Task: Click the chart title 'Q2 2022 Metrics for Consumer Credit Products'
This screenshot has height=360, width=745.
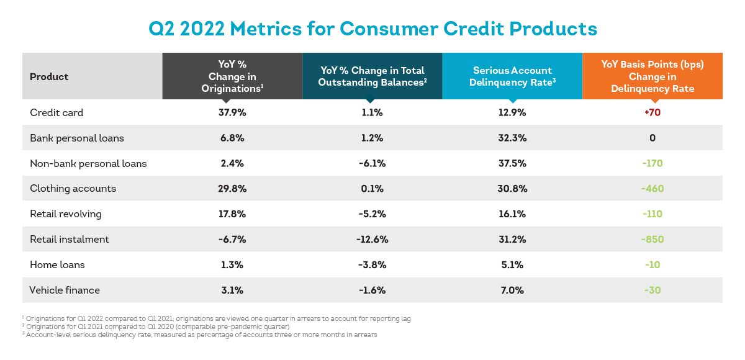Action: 372,29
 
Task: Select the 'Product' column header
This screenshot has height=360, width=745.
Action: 49,77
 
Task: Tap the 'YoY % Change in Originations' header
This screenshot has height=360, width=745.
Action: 232,76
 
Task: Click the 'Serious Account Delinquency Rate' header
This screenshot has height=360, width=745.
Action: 512,76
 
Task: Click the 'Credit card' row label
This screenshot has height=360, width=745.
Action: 56,112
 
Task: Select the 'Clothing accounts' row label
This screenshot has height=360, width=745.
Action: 73,189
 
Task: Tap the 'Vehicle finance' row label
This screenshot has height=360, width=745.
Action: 65,290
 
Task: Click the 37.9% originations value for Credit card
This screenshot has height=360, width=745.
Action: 232,112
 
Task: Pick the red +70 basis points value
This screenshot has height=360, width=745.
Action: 652,112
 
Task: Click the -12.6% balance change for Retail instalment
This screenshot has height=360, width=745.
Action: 372,240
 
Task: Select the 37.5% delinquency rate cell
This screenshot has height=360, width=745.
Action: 512,163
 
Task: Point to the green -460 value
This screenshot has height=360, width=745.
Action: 652,189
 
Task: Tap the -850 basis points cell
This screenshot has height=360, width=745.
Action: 652,240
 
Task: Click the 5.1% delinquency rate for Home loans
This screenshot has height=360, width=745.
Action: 512,264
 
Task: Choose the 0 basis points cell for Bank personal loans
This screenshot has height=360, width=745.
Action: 652,138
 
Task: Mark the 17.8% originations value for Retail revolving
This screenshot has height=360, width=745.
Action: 232,214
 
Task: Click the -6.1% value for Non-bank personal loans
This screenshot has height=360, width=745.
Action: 372,163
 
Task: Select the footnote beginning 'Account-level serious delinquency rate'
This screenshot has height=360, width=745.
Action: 199,335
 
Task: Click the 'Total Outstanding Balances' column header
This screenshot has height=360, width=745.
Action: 372,76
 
